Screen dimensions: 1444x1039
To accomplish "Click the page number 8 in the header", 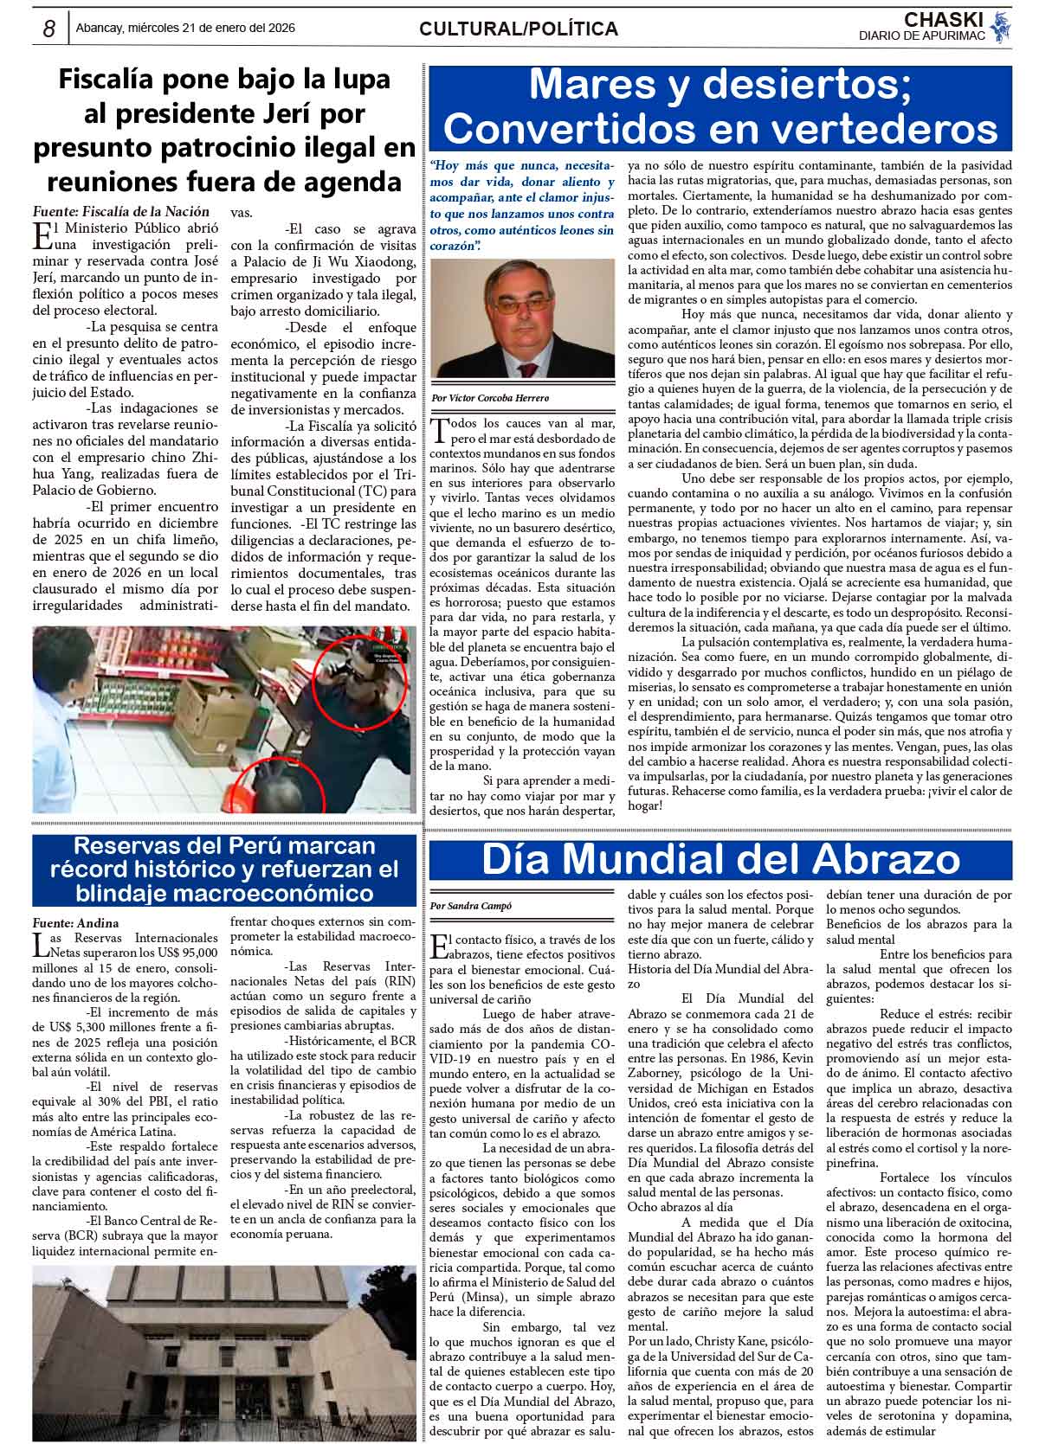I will [49, 29].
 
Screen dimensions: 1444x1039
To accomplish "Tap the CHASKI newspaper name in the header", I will [943, 19].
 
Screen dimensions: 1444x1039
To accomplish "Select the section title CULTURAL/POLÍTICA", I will [518, 29].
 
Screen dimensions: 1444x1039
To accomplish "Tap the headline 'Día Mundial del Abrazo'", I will [720, 858].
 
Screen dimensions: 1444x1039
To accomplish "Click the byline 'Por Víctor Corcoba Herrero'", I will [489, 398].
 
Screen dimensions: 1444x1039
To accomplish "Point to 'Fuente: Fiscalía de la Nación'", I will [120, 211].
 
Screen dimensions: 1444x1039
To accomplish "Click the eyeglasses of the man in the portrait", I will [522, 303].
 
